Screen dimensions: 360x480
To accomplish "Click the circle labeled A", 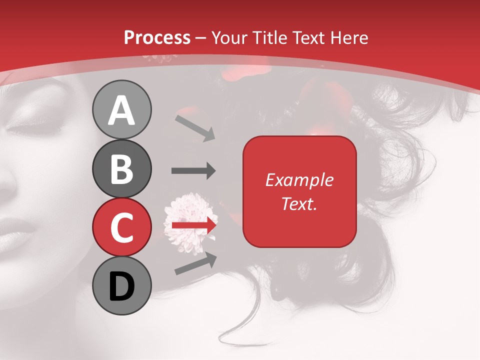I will tap(121, 110).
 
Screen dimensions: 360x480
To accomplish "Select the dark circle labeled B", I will tap(121, 168).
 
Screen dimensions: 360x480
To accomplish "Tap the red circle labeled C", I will tap(121, 227).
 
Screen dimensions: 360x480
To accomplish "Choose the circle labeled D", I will tap(121, 285).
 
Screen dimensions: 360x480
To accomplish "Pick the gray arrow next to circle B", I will tap(193, 171).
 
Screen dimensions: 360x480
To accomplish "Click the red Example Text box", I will tap(299, 191).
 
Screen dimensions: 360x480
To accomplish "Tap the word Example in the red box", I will tap(299, 180).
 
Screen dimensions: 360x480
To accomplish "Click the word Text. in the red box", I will tap(299, 204).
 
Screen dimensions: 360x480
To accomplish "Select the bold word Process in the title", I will tap(157, 37).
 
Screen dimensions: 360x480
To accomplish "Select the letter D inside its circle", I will tap(121, 286).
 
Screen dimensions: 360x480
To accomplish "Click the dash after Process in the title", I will tap(201, 38).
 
